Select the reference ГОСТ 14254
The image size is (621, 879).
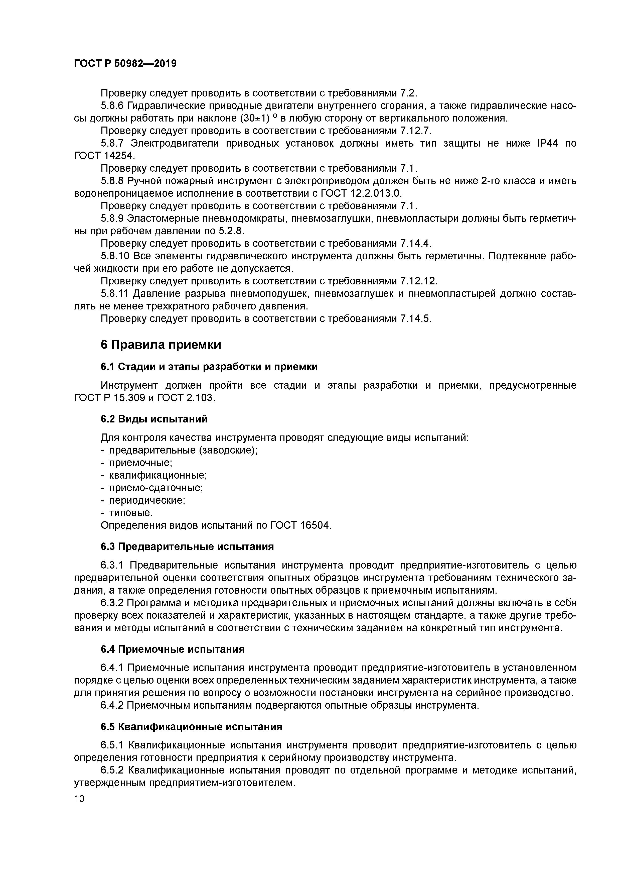[104, 156]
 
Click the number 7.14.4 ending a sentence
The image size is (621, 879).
[415, 244]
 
